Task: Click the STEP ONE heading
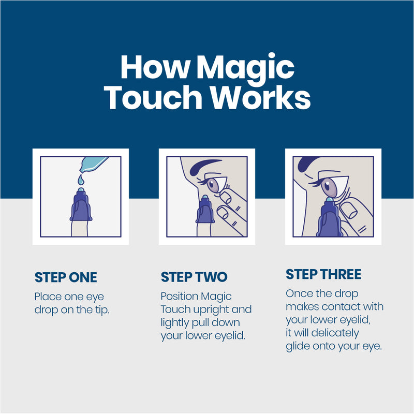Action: [66, 277]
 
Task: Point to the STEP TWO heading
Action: [194, 277]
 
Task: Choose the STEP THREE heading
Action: [323, 274]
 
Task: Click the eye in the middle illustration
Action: [214, 184]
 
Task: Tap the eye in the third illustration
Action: [329, 185]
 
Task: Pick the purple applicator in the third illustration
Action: [327, 220]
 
